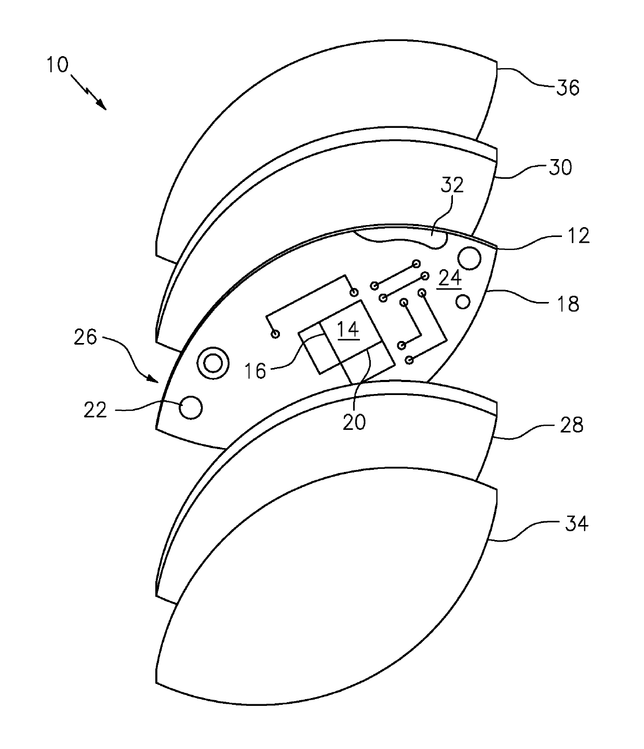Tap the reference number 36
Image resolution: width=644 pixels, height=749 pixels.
pos(567,88)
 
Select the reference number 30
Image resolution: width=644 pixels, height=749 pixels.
pos(560,167)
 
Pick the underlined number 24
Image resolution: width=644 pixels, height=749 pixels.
pos(450,279)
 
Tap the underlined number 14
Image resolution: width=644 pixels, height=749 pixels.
pos(348,330)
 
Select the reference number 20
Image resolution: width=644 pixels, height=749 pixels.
pos(354,421)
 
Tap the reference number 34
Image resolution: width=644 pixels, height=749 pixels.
pos(576,523)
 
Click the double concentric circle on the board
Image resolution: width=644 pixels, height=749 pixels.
pos(212,363)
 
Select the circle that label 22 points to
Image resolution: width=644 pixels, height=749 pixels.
pos(190,408)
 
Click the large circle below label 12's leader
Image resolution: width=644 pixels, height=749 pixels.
pos(469,258)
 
